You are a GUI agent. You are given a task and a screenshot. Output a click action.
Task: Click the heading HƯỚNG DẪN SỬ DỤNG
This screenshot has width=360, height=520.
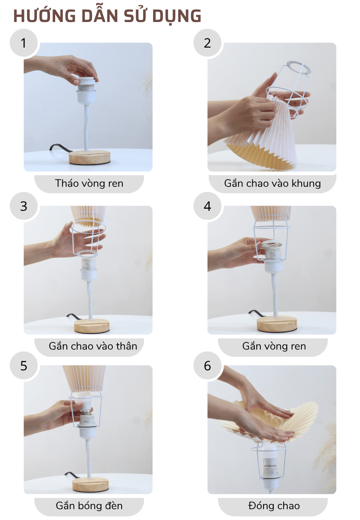tap(107, 16)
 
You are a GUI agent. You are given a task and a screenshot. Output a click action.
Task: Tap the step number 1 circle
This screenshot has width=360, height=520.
tap(24, 43)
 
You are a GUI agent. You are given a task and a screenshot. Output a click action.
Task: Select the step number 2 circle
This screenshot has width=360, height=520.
tap(207, 43)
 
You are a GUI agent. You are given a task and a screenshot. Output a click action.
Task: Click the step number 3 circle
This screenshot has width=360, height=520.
tap(24, 206)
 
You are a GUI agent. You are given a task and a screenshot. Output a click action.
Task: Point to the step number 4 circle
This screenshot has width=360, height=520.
tap(207, 206)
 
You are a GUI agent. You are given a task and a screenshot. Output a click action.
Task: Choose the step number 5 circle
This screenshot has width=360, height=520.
tap(24, 366)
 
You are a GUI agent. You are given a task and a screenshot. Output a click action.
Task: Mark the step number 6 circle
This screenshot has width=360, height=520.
tap(207, 366)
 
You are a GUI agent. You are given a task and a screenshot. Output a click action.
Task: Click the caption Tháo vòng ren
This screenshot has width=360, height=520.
tap(89, 184)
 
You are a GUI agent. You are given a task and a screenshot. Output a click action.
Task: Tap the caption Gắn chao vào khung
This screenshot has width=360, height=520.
tap(272, 184)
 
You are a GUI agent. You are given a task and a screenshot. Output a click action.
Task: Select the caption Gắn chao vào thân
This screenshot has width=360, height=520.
tap(93, 346)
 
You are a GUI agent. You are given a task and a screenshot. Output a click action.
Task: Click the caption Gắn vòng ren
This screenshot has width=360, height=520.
tap(274, 346)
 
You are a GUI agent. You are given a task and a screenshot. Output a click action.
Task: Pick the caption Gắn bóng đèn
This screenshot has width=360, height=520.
tap(89, 506)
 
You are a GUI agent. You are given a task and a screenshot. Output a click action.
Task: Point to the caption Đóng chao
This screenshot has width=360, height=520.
tap(274, 506)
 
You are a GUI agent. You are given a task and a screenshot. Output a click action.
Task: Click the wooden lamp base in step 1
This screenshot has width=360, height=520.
tap(90, 157)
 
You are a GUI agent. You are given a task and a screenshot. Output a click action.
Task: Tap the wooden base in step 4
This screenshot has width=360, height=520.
tap(277, 324)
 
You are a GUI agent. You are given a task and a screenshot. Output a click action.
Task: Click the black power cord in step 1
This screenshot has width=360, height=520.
tap(58, 148)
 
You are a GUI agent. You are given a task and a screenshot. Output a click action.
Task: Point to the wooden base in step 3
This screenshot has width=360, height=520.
tap(92, 326)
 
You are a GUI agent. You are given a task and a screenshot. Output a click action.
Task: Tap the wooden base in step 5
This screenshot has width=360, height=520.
tap(90, 485)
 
